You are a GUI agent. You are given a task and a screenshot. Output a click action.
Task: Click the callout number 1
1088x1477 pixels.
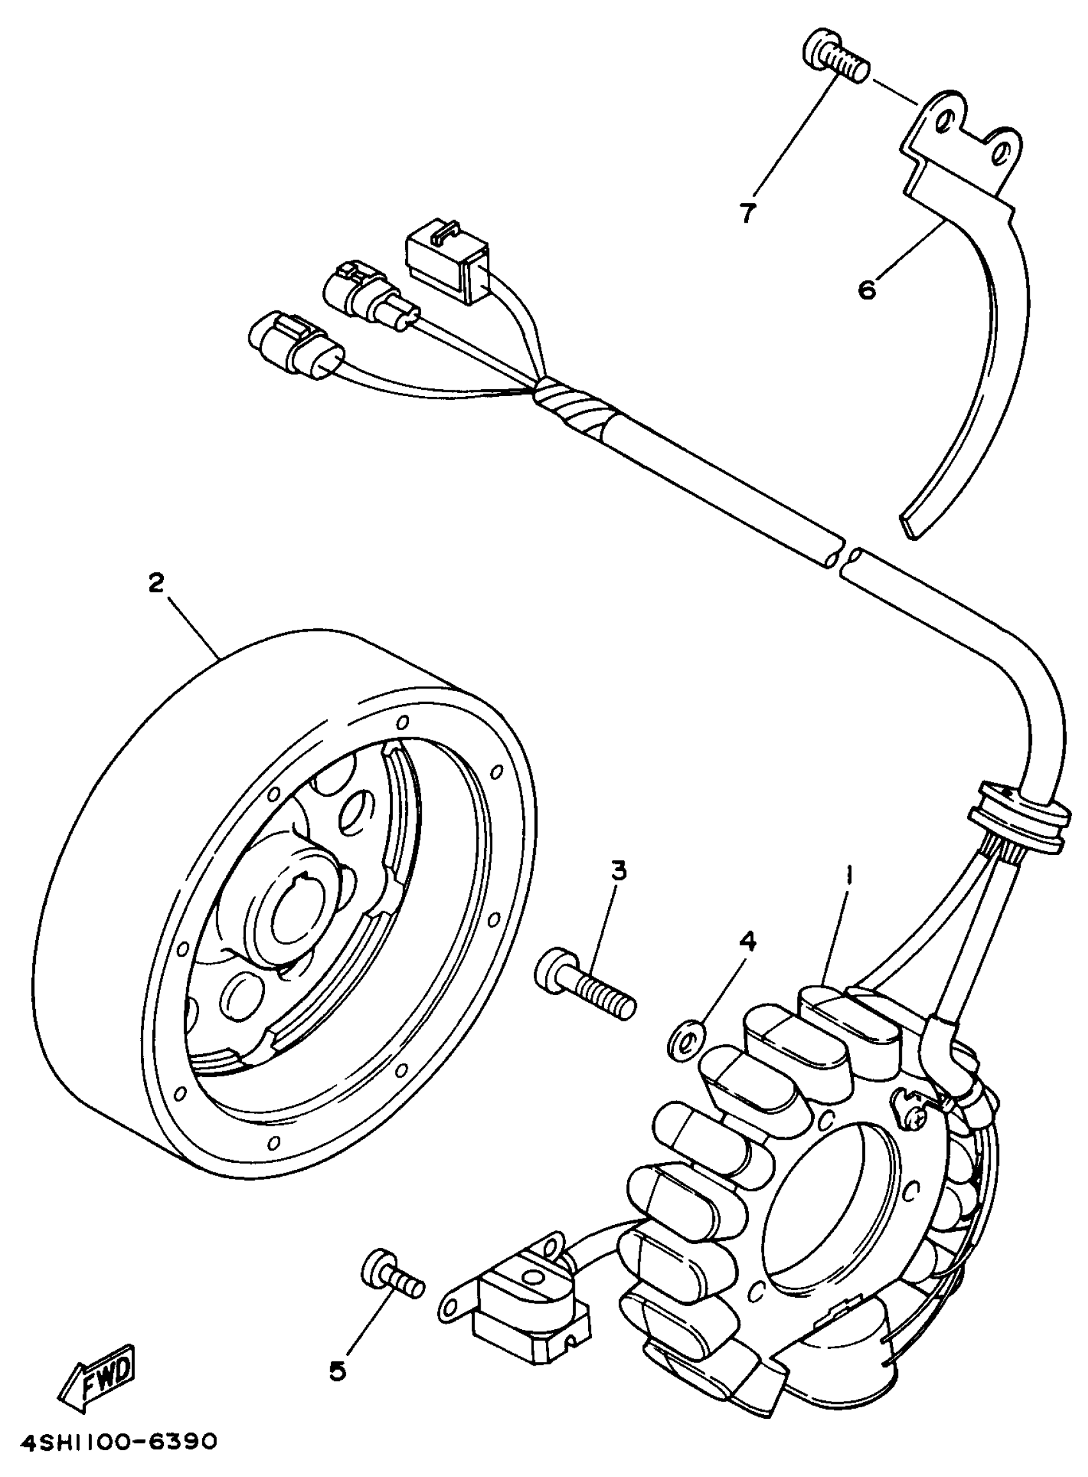tap(849, 875)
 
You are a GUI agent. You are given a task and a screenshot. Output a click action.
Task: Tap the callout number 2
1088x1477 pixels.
tap(156, 583)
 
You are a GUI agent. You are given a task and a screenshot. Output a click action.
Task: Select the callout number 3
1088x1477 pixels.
tap(618, 870)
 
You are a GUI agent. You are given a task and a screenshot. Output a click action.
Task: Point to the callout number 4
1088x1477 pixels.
tap(747, 941)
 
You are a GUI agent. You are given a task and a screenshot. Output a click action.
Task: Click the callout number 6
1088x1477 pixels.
tap(867, 289)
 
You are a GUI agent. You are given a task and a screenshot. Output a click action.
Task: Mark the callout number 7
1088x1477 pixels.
tap(746, 212)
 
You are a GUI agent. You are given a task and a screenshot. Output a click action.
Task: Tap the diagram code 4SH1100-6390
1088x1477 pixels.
tap(118, 1439)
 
